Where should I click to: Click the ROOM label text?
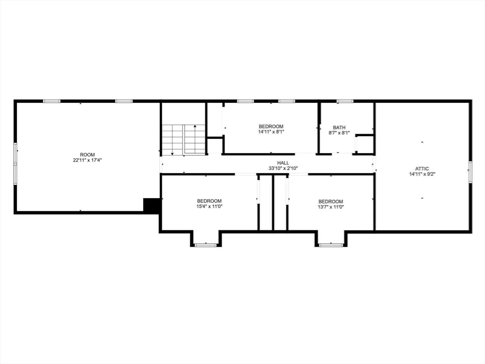pyautogui.click(x=88, y=155)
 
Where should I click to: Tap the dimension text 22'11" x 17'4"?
pyautogui.click(x=88, y=160)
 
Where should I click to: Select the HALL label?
pyautogui.click(x=283, y=163)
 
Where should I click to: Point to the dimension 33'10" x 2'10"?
pyautogui.click(x=283, y=168)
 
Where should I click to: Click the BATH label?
pyautogui.click(x=339, y=127)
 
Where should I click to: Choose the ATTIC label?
pyautogui.click(x=422, y=169)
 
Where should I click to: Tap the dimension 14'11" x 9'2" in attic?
pyautogui.click(x=422, y=174)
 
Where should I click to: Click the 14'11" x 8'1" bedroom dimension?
pyautogui.click(x=271, y=132)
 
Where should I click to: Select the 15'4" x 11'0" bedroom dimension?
pyautogui.click(x=209, y=207)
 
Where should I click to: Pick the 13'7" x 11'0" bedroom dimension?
pyautogui.click(x=331, y=207)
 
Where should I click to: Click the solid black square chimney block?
pyautogui.click(x=151, y=205)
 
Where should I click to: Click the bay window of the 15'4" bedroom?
pyautogui.click(x=206, y=245)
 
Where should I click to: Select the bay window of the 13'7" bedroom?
pyautogui.click(x=331, y=245)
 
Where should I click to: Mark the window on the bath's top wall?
pyautogui.click(x=345, y=101)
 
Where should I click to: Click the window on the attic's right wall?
pyautogui.click(x=470, y=172)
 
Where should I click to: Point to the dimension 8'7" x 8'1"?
pyautogui.click(x=339, y=133)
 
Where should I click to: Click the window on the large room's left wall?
pyautogui.click(x=15, y=164)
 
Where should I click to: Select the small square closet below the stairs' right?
pyautogui.click(x=215, y=146)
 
